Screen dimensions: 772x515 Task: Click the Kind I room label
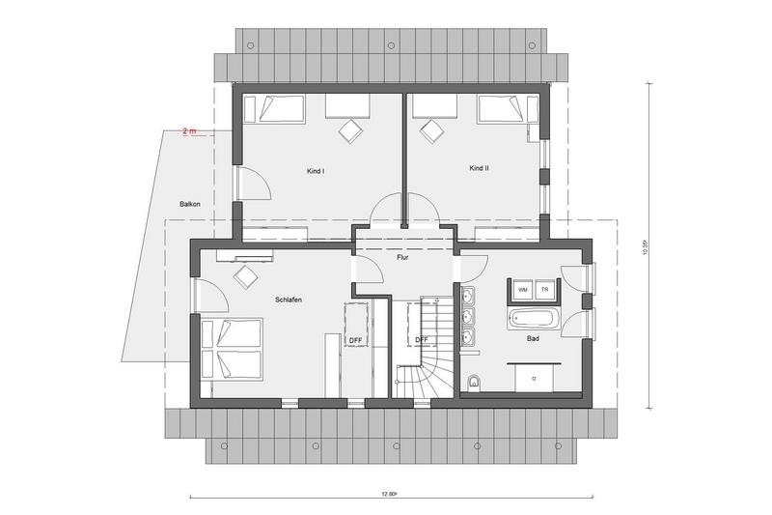point(316,171)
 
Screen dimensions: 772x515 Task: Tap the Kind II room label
point(479,168)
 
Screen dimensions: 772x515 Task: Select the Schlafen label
point(289,300)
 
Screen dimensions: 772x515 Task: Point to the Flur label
point(402,257)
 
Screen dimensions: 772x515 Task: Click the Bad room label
point(533,338)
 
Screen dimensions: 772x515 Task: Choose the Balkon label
point(190,204)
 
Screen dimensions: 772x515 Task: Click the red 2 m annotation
point(189,131)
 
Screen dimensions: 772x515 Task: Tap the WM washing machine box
point(523,290)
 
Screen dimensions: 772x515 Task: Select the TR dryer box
point(545,290)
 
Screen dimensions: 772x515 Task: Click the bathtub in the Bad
point(535,318)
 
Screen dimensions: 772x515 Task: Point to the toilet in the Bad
point(474,382)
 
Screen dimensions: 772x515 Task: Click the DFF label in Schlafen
point(355,340)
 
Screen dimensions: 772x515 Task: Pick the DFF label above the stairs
point(422,340)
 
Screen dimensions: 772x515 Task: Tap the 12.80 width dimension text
point(389,494)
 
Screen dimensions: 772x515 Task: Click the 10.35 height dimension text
point(645,247)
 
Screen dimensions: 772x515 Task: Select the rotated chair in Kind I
point(350,131)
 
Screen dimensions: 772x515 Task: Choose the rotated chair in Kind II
point(431,131)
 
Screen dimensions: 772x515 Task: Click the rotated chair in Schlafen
point(246,277)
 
